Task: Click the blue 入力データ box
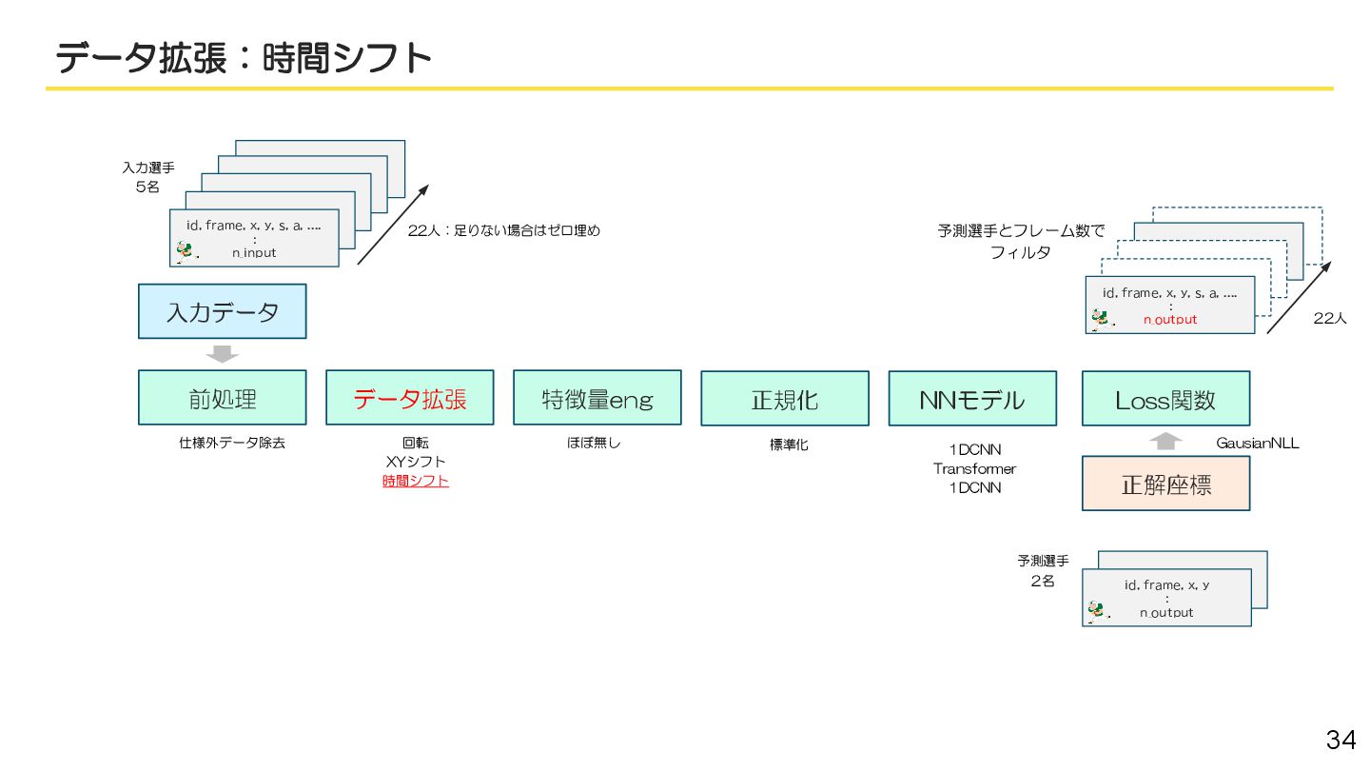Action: (222, 311)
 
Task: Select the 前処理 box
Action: (222, 398)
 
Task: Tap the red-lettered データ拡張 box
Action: (409, 398)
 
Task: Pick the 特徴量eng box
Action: (597, 398)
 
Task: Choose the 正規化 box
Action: (784, 399)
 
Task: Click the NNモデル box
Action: (971, 399)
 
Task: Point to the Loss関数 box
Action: (1164, 399)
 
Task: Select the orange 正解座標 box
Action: (1164, 484)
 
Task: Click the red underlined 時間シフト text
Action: (416, 481)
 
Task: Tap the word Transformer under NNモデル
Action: (974, 468)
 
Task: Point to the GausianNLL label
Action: (1257, 443)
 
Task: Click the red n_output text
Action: (1169, 320)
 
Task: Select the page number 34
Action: (1341, 740)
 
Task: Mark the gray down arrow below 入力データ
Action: (223, 354)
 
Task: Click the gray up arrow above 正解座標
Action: (1166, 442)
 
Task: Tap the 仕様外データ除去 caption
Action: (231, 443)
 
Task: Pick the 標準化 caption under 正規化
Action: (789, 445)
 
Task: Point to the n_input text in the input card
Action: (253, 252)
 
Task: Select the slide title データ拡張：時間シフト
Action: (244, 58)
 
